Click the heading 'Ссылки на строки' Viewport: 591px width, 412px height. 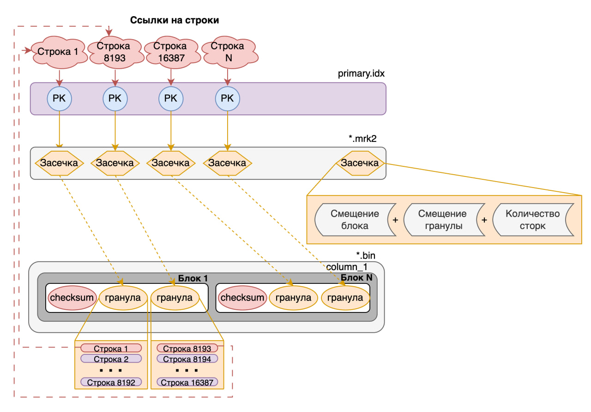point(174,20)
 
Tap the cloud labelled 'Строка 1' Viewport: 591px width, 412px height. point(58,52)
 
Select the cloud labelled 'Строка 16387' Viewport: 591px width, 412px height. point(170,52)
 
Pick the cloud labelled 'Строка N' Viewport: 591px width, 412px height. point(227,52)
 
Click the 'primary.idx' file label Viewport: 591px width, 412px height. point(362,74)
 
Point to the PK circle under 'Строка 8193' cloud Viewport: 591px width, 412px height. point(115,98)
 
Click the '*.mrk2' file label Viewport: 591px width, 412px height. point(367,138)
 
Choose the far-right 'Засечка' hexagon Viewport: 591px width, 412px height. point(360,163)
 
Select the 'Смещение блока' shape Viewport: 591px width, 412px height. point(355,220)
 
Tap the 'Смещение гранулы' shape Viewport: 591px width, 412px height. point(442,220)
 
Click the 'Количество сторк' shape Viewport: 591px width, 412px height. point(532,220)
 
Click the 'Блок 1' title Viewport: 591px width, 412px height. point(193,278)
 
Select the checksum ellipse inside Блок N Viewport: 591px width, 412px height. point(243,297)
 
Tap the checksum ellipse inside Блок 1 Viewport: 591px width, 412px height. point(72,297)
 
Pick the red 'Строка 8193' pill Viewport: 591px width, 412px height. point(187,349)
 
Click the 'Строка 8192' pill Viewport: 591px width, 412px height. point(111,382)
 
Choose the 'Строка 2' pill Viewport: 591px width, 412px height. point(111,359)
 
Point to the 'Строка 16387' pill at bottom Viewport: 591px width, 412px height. point(187,382)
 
